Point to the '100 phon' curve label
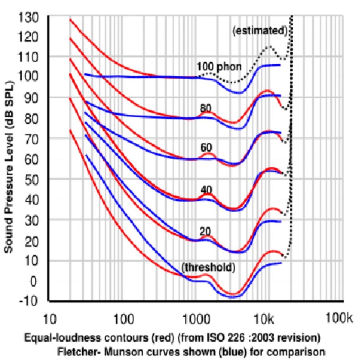coord(219,67)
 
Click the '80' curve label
coord(206,108)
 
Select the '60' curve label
coord(206,147)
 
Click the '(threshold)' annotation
coord(208,267)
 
